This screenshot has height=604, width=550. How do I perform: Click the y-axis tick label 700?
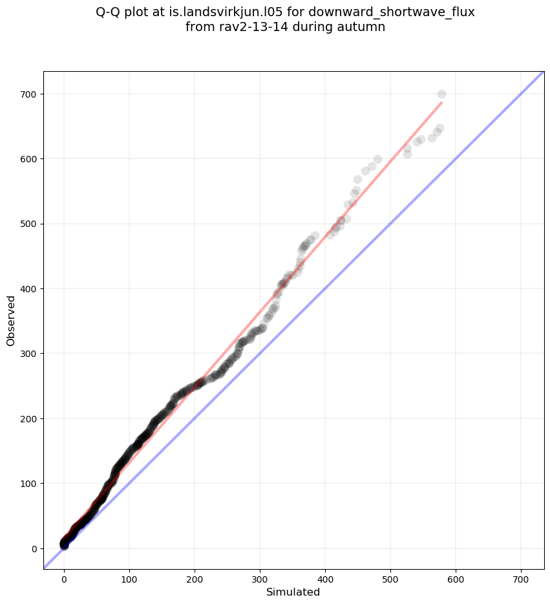[x=30, y=94]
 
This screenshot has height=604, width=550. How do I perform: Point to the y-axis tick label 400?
[x=30, y=289]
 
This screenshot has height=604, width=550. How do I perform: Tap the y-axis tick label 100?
[x=30, y=484]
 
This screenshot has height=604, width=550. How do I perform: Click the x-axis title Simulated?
[x=293, y=592]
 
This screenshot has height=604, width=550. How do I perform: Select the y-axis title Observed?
[x=11, y=320]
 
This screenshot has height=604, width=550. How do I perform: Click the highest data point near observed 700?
[x=441, y=94]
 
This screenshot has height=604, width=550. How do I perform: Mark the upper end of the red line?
[x=441, y=102]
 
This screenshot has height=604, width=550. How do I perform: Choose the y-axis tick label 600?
[x=30, y=159]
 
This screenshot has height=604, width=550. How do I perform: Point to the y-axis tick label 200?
[x=30, y=418]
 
